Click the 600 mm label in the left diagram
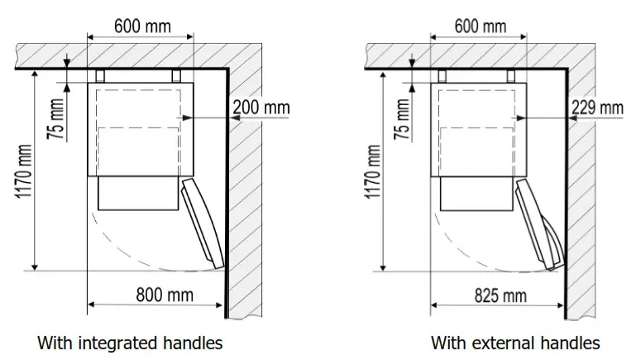[142, 26]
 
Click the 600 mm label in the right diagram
[480, 26]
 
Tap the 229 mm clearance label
[597, 108]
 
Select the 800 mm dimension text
[165, 294]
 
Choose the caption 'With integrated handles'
[130, 342]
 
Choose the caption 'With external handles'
[515, 342]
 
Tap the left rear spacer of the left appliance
[100, 75]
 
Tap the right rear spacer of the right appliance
[513, 75]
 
